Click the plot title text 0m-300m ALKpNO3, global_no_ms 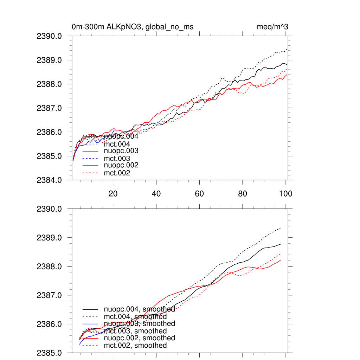click(133, 27)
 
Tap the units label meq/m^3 click(273, 27)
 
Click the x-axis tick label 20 click(113, 194)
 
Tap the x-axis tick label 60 click(199, 194)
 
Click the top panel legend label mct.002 click(117, 173)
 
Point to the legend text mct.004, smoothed click(135, 317)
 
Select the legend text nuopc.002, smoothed click(140, 338)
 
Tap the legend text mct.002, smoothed click(135, 346)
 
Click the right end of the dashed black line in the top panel click(287, 49)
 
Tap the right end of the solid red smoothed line click(280, 260)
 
